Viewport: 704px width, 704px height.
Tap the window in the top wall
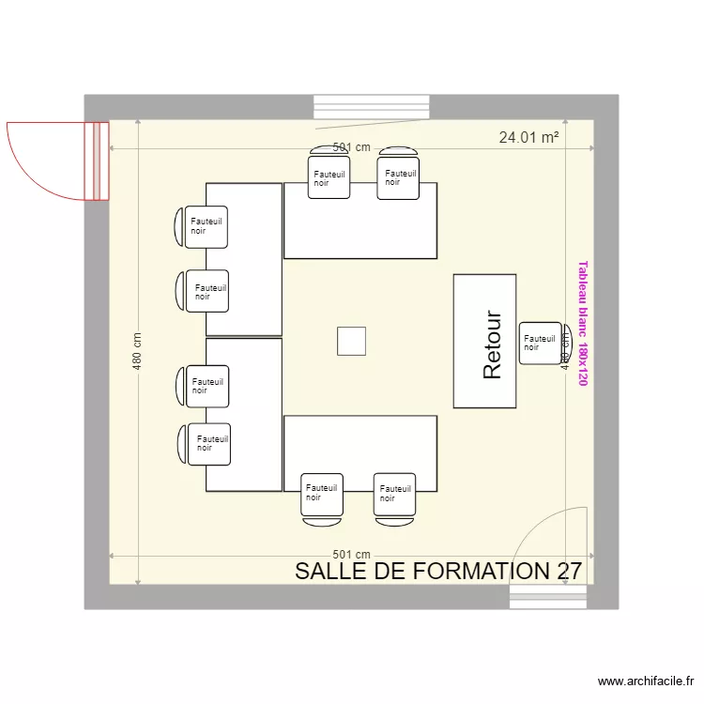[x=372, y=107]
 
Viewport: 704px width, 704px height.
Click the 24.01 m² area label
[x=528, y=137]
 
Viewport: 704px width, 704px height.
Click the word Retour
[x=493, y=345]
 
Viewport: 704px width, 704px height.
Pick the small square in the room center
[x=352, y=341]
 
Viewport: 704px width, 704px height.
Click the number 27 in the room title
[x=569, y=571]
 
